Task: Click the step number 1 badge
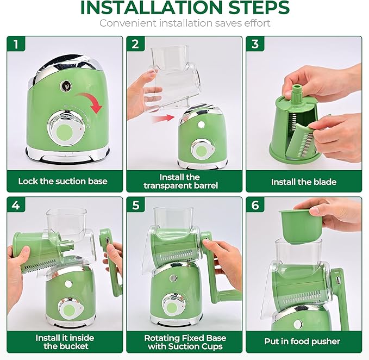(16, 44)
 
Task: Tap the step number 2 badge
(136, 44)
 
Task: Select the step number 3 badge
(255, 44)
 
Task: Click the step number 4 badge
(16, 206)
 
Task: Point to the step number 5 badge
(136, 206)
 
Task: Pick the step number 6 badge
(255, 206)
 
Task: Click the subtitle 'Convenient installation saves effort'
(185, 23)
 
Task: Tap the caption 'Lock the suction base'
(62, 181)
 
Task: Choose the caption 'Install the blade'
(304, 182)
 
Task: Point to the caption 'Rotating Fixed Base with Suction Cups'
(185, 342)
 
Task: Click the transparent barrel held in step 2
(171, 76)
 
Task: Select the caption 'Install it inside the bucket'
(62, 342)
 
